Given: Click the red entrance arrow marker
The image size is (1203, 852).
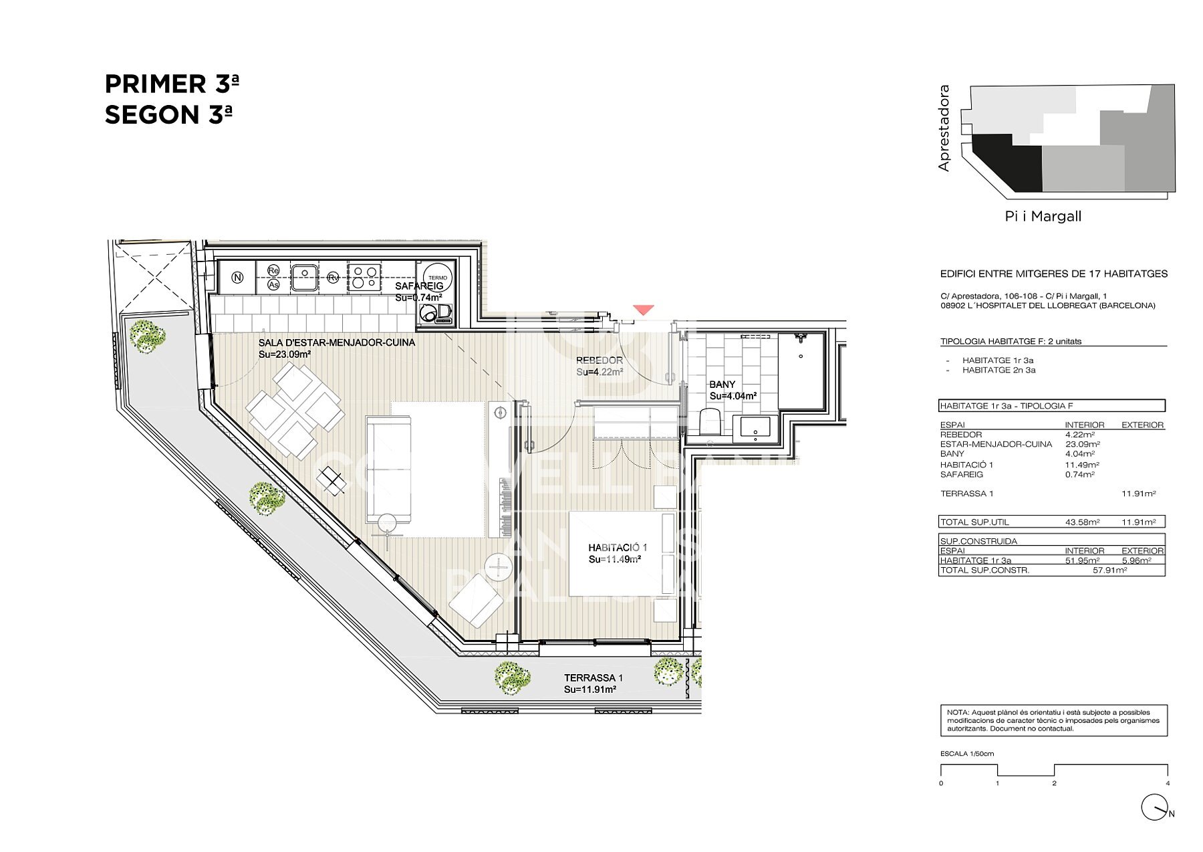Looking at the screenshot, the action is [x=644, y=310].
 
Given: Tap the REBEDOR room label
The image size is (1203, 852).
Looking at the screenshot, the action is [x=599, y=360].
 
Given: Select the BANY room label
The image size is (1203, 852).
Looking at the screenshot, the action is [x=722, y=385].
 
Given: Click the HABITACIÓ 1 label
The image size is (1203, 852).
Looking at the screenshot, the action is [x=618, y=548].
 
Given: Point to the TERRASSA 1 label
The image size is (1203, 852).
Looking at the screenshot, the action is [x=593, y=678].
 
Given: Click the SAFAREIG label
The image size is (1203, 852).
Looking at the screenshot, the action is [x=419, y=286].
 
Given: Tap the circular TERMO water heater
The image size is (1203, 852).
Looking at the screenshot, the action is [x=438, y=278].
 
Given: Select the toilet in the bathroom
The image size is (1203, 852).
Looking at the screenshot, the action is [x=709, y=422].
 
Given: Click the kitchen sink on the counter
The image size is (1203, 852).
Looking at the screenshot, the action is [x=304, y=277].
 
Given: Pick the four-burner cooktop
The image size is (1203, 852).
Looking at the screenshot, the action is [x=364, y=277].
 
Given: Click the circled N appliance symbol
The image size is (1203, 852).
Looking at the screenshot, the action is [x=237, y=278].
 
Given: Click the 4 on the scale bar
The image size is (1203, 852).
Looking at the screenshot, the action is [x=1168, y=783].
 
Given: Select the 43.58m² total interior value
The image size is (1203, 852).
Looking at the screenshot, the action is [x=1082, y=522].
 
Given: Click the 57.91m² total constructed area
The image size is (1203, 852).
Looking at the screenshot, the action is [x=1109, y=570].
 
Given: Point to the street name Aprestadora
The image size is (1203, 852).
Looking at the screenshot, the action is [x=944, y=128].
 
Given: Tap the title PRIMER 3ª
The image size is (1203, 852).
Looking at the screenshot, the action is [x=172, y=84].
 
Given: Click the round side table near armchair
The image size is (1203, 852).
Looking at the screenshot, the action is [x=499, y=568].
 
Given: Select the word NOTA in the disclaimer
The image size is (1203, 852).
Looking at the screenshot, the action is [x=957, y=713].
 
